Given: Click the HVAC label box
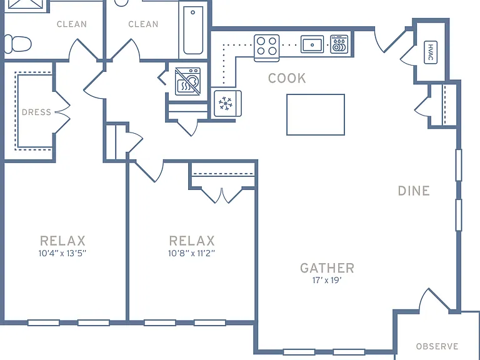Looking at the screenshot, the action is pos(431,52).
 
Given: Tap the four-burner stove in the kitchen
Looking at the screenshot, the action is pos(267,48).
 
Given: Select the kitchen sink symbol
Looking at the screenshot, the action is pos(312,44).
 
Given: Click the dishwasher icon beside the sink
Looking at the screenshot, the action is pos(339,44).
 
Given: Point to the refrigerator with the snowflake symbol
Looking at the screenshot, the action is pos(227,104).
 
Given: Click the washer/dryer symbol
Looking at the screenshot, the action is pos(187,81).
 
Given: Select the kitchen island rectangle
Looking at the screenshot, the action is pos(316,114).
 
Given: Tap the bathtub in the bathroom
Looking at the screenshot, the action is pos(193,30).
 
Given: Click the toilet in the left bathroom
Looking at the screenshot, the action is pos(17,44).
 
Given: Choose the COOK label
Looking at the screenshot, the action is pos(287,78).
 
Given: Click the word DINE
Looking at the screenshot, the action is pos(414,191).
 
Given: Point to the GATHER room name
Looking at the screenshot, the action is pos(327,268).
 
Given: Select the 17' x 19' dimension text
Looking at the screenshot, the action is pos(327,281).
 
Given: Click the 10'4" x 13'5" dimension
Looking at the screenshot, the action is pos(62,254).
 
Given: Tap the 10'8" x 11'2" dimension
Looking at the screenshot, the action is pos(192,254).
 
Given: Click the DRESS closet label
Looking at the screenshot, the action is pos(36,112).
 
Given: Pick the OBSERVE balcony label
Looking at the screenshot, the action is pos(437,346).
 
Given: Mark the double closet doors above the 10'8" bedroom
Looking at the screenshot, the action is pos(222,196).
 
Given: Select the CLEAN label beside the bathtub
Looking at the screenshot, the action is pos(143,24).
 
